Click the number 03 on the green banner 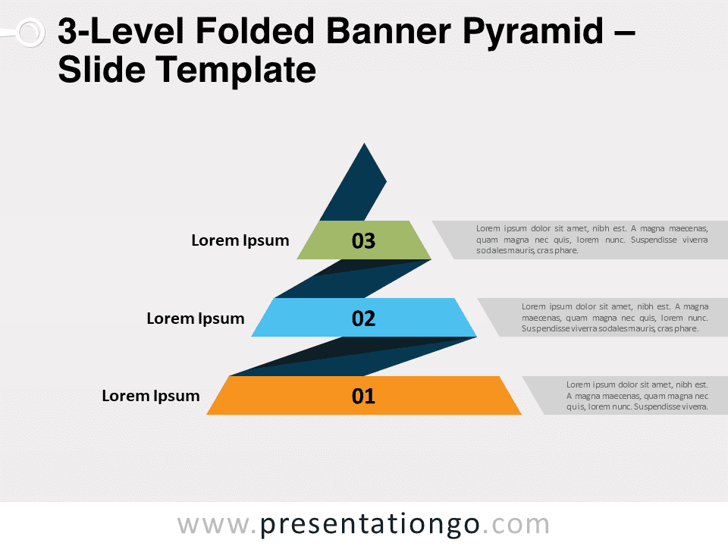(x=363, y=240)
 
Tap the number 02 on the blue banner (x=363, y=318)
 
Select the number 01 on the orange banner (x=363, y=396)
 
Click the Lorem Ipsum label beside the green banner (x=240, y=240)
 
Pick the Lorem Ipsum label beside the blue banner (x=196, y=318)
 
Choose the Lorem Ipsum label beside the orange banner (x=151, y=396)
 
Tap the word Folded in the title (x=256, y=30)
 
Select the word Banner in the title (x=388, y=30)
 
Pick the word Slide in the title (x=101, y=70)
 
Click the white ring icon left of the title (x=30, y=33)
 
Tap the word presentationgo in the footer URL (x=369, y=525)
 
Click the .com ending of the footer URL (x=516, y=525)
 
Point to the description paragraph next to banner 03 (x=592, y=240)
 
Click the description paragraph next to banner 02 (x=615, y=318)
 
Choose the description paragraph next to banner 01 (x=637, y=396)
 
